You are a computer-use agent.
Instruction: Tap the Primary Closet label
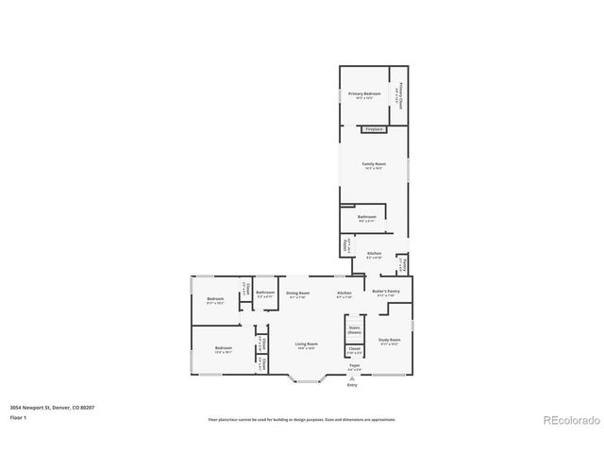click(x=400, y=94)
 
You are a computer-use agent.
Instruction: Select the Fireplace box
click(x=374, y=129)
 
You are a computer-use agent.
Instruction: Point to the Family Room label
click(x=374, y=164)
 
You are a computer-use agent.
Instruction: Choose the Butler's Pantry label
click(x=385, y=292)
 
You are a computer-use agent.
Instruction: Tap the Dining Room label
click(x=298, y=294)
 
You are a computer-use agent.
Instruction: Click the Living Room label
click(x=306, y=344)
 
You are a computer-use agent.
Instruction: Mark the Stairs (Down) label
click(x=355, y=330)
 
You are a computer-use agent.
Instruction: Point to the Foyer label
click(x=354, y=364)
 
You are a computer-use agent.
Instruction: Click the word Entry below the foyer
click(x=352, y=385)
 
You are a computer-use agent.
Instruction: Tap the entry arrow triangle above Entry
click(x=352, y=377)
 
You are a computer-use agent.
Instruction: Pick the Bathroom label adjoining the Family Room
click(x=367, y=218)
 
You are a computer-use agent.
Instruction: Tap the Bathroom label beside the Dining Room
click(x=265, y=293)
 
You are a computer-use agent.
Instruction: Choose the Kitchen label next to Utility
click(x=374, y=254)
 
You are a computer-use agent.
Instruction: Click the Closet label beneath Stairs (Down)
click(x=355, y=350)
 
